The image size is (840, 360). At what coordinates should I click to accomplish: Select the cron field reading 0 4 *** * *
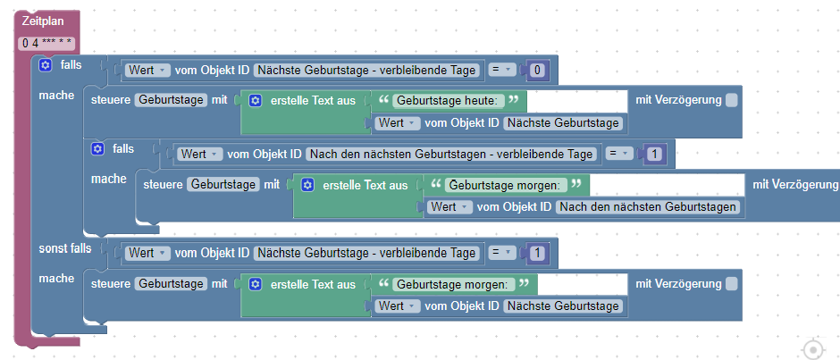[x=47, y=43]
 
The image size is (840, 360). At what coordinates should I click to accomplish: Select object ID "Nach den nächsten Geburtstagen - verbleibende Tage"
[x=452, y=154]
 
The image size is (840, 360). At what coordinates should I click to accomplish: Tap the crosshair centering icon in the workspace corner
[x=812, y=349]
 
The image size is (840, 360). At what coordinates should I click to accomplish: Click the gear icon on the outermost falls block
[x=46, y=65]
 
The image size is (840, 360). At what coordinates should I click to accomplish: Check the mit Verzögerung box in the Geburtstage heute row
[x=732, y=100]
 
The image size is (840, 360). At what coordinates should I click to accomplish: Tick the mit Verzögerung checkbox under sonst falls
[x=732, y=284]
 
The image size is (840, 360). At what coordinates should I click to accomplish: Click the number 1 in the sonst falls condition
[x=537, y=254]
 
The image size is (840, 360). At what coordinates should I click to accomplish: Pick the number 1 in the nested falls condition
[x=655, y=155]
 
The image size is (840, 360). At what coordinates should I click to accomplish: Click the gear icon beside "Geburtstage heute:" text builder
[x=255, y=100]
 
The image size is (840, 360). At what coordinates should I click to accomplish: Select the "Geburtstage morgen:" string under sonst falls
[x=454, y=284]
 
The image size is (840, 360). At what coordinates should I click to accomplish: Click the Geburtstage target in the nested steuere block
[x=223, y=185]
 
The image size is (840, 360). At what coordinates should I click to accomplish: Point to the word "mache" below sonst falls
[x=56, y=279]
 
